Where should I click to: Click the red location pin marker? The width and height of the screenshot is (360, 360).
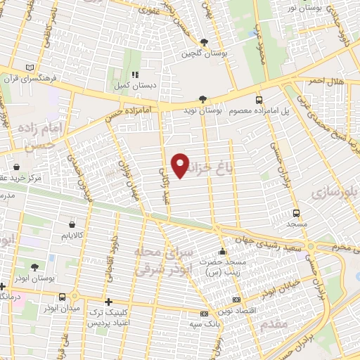tap(181, 165)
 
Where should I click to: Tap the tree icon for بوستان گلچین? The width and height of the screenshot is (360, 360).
tap(203, 42)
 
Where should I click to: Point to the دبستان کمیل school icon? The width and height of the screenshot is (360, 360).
tap(134, 74)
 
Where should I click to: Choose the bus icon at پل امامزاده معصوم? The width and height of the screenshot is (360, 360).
tap(259, 100)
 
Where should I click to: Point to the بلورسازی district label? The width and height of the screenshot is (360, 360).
tap(336, 190)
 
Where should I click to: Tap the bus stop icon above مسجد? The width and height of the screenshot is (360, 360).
tap(296, 213)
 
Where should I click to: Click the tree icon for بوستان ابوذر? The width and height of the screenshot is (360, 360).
tap(35, 266)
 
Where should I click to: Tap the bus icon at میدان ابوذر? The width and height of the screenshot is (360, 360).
tap(63, 297)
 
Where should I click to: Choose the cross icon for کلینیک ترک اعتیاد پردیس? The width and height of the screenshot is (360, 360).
tap(108, 300)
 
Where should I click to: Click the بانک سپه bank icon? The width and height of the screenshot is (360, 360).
tap(204, 314)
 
